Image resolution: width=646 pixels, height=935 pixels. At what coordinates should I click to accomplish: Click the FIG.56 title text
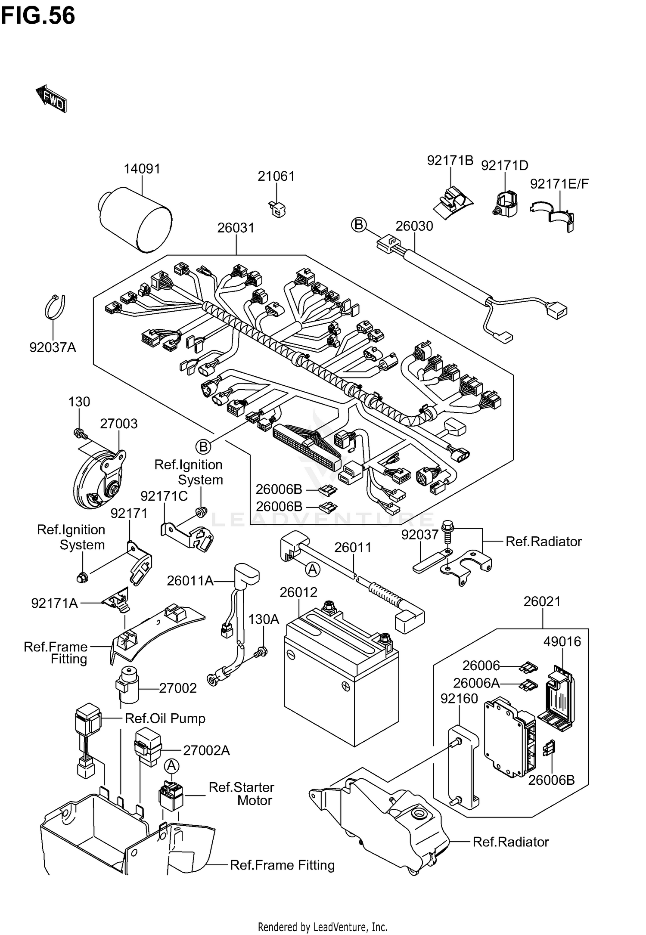pyautogui.click(x=38, y=15)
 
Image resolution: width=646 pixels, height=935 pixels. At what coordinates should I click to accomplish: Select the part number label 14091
pyautogui.click(x=142, y=169)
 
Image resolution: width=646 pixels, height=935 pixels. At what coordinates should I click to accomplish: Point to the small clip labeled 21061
pyautogui.click(x=277, y=209)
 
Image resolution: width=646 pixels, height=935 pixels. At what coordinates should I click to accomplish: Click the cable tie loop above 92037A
pyautogui.click(x=55, y=307)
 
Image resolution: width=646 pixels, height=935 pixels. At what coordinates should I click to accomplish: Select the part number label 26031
pyautogui.click(x=236, y=228)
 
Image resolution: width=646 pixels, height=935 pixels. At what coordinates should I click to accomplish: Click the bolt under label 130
pyautogui.click(x=79, y=433)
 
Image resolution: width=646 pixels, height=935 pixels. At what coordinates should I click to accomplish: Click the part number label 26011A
pyautogui.click(x=190, y=581)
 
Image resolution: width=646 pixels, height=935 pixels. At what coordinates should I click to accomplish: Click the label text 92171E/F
pyautogui.click(x=559, y=184)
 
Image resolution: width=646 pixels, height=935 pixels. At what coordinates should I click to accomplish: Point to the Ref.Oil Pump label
pyautogui.click(x=165, y=718)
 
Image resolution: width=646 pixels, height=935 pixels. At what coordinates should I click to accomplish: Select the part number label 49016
pyautogui.click(x=562, y=641)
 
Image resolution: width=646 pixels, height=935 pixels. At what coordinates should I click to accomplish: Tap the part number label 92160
pyautogui.click(x=459, y=698)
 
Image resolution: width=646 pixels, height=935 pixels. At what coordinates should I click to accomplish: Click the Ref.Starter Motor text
pyautogui.click(x=241, y=794)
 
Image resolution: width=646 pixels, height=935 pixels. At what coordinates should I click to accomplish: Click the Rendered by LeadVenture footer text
pyautogui.click(x=323, y=926)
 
